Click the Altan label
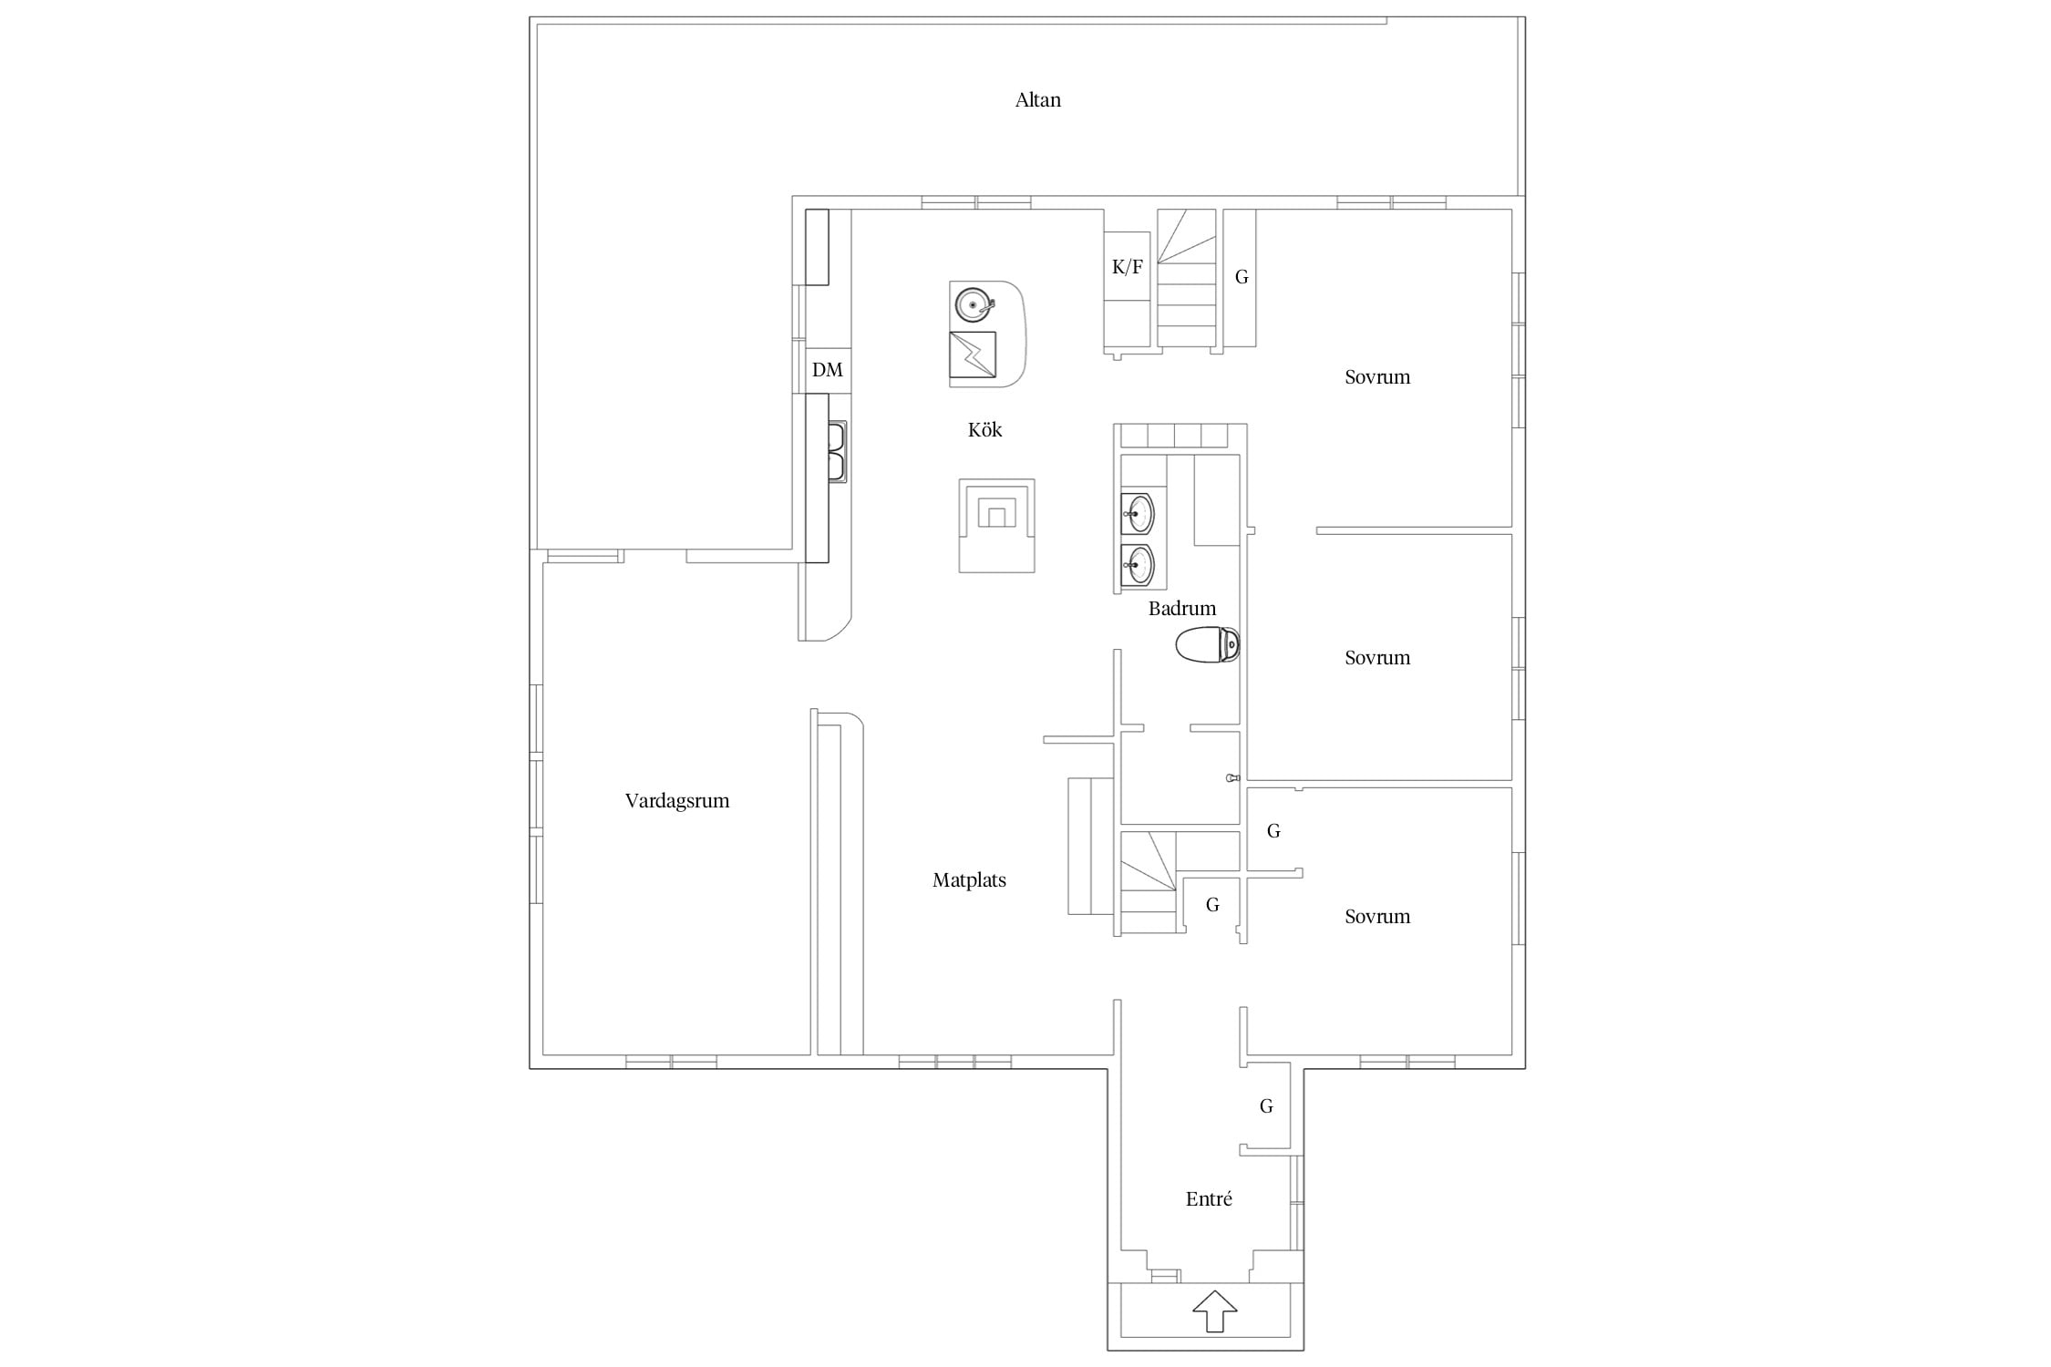coord(1037,100)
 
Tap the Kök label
coord(984,430)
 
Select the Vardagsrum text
coord(677,801)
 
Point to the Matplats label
coord(969,880)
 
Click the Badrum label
coord(1182,609)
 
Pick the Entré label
coord(1209,1199)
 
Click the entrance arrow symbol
coord(1214,1310)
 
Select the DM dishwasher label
coord(828,370)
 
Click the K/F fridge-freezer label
coord(1128,267)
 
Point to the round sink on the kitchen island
coord(973,303)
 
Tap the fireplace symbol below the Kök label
coord(996,526)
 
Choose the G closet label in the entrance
coord(1266,1106)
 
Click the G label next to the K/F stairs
coord(1242,277)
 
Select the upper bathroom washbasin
coord(1138,515)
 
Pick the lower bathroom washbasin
coord(1138,565)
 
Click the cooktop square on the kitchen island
coord(973,355)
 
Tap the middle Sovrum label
coord(1377,658)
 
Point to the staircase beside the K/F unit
coord(1187,278)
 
